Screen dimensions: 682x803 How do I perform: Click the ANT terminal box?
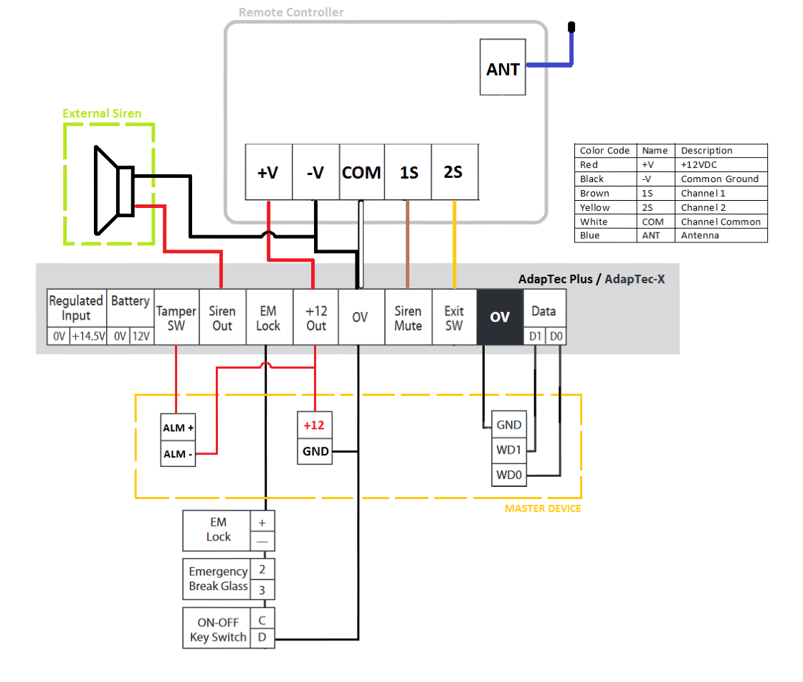point(503,69)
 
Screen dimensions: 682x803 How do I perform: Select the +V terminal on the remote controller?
point(268,172)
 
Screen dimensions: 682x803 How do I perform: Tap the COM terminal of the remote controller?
point(361,172)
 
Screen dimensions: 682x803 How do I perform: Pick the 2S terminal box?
point(453,172)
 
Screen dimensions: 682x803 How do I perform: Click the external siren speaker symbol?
point(113,190)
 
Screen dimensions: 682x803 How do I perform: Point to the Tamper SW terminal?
point(176,318)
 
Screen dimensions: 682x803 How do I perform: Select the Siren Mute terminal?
point(408,318)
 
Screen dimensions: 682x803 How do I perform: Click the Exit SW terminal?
point(454,318)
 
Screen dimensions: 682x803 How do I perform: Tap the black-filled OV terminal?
point(500,317)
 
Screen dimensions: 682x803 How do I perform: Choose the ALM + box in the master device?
point(179,427)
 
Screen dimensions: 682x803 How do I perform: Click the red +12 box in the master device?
point(315,425)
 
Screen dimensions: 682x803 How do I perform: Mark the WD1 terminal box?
point(509,450)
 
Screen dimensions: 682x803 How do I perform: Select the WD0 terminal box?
point(509,475)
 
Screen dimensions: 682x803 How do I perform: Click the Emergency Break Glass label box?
point(217,579)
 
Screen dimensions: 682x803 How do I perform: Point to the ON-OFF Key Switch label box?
point(217,629)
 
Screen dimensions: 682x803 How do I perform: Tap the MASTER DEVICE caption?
point(543,508)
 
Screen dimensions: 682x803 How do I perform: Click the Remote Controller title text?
point(291,12)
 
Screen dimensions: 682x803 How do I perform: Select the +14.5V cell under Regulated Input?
point(89,336)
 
